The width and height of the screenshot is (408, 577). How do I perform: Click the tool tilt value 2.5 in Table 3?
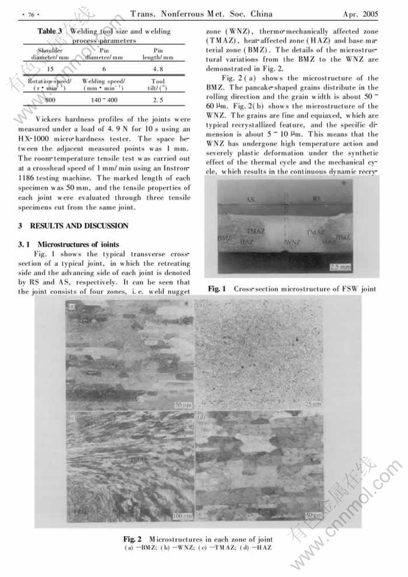click(x=158, y=100)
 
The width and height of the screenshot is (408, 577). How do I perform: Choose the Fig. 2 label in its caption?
click(x=133, y=538)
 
